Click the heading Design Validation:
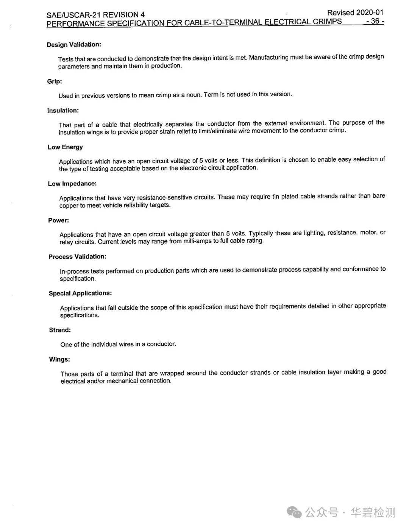pos(74,45)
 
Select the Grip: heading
pos(55,81)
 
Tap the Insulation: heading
pos(63,111)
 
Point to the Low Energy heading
pos(65,147)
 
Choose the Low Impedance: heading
pos(72,184)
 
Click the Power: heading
pos(59,220)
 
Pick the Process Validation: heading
pos(77,257)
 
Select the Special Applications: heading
pos(80,293)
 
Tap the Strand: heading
pos(60,330)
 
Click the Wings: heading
pos(59,359)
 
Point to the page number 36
pos(375,21)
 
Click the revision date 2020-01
pos(369,12)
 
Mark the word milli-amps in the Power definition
pos(198,241)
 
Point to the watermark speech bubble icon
pos(294,512)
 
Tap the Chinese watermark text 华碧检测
pos(373,512)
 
